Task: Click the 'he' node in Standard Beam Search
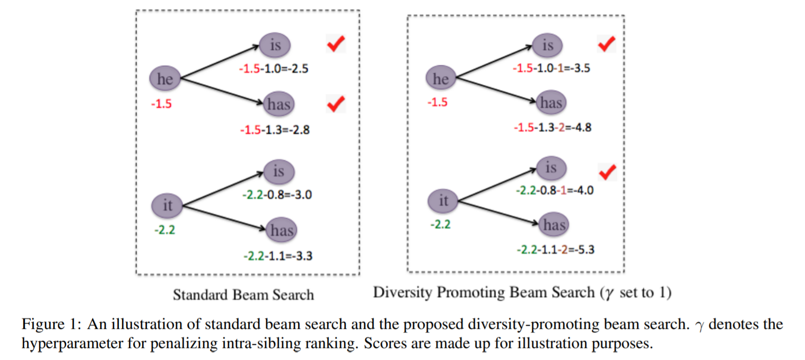165,80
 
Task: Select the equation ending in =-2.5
274,68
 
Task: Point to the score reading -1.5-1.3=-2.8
274,129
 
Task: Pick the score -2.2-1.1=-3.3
277,256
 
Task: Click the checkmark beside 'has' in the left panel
335,104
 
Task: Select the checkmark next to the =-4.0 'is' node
607,172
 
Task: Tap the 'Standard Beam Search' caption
243,294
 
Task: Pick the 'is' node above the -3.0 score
278,172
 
